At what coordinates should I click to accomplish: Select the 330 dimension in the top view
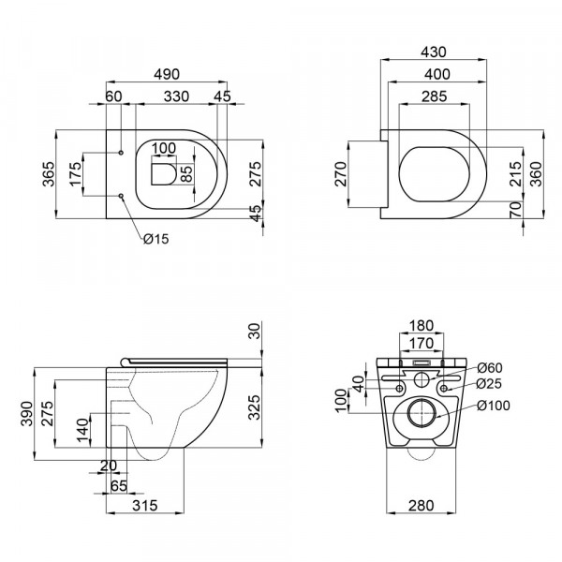click(170, 96)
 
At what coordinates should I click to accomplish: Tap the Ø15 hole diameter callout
click(155, 240)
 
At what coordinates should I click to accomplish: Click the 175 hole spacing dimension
click(78, 175)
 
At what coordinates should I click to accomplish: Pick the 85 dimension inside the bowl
click(185, 173)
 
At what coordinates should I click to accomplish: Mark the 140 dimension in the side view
click(82, 432)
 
